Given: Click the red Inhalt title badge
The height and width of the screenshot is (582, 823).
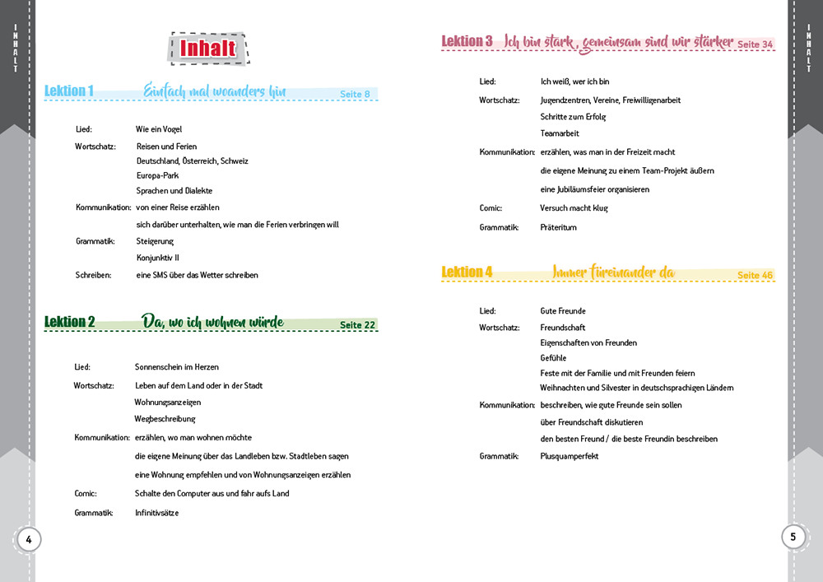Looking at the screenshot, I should [208, 49].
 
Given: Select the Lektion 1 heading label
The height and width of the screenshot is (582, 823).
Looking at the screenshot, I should [69, 91].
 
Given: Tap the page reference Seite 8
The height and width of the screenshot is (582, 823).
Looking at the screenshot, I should [355, 94].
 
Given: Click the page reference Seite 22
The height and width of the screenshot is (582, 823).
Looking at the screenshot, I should [357, 325].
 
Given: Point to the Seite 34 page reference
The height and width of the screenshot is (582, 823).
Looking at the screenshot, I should [755, 44].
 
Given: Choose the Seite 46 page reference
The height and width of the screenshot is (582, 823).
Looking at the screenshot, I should [755, 275].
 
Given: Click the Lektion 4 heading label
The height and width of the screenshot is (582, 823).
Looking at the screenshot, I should [467, 272].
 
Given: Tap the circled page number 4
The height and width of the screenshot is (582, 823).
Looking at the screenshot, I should [28, 540].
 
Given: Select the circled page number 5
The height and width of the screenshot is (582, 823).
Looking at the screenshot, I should [793, 537].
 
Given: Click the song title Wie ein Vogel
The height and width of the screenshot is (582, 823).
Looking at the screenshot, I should [159, 129].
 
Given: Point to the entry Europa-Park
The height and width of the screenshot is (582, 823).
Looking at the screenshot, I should [157, 175].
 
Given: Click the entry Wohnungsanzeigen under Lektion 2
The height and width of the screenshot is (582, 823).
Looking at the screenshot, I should [168, 402].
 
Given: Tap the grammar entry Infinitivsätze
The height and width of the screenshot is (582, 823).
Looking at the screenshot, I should [156, 512].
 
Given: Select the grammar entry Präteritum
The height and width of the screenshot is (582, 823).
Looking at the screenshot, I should [558, 227].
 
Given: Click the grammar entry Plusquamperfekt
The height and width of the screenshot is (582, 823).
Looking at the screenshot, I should [569, 456].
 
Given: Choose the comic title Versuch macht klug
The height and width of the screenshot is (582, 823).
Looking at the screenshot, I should [574, 208].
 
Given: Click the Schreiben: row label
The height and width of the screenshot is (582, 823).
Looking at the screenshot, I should [93, 275].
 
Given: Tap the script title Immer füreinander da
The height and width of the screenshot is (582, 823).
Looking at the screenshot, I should [613, 272].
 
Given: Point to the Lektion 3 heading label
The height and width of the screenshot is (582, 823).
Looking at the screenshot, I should [467, 41].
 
